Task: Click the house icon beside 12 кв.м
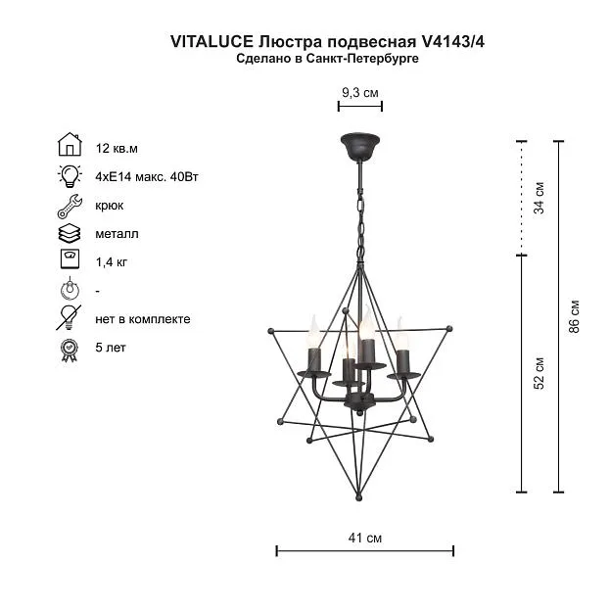click(70, 144)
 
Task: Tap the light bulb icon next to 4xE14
click(70, 176)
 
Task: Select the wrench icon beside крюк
click(70, 206)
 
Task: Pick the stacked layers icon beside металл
click(70, 234)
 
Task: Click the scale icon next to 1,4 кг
click(70, 258)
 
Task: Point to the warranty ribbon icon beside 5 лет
click(70, 351)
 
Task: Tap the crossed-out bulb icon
click(69, 318)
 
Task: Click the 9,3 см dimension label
click(360, 93)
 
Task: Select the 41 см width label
click(365, 538)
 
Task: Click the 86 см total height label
click(574, 316)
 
